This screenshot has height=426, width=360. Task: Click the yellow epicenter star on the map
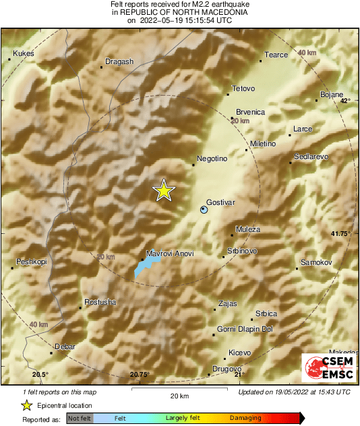tap(163, 191)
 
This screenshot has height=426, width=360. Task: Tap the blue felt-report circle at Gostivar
tap(204, 210)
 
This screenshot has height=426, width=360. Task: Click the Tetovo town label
tap(243, 88)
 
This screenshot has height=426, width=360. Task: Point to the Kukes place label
tap(23, 53)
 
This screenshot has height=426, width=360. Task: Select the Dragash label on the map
tap(120, 61)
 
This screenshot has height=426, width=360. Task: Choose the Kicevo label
tap(239, 353)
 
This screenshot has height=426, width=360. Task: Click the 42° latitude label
tap(345, 100)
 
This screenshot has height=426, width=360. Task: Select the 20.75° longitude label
tap(140, 375)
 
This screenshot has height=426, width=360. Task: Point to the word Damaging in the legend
tap(245, 419)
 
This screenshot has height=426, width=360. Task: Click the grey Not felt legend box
tap(80, 419)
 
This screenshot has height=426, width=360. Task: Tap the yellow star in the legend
tap(26, 405)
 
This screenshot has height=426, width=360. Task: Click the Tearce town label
tap(276, 55)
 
